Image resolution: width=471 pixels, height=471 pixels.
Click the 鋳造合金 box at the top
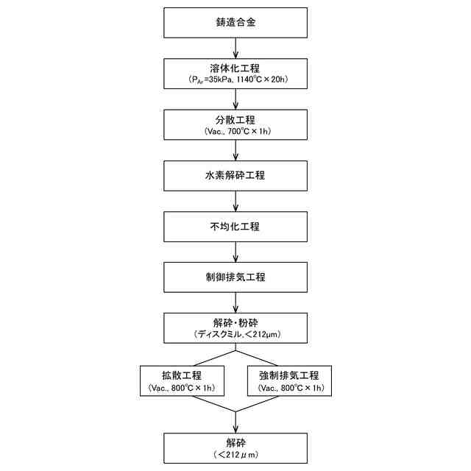(235, 23)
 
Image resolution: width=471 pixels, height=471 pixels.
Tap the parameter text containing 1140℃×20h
(235, 79)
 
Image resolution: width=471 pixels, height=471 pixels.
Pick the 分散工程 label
(235, 119)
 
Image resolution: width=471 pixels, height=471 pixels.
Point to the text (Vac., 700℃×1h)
(235, 131)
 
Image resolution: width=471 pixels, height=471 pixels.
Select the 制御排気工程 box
(235, 277)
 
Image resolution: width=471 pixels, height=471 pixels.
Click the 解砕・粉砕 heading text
(235, 322)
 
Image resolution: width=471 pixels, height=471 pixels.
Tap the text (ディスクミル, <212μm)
(235, 334)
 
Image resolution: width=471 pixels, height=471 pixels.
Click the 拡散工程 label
(182, 375)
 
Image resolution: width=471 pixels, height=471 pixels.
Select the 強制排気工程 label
(290, 375)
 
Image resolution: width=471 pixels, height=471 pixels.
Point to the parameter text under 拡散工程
(182, 387)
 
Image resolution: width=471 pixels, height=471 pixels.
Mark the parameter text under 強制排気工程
(290, 387)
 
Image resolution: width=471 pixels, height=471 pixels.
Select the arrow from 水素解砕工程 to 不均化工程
(235, 201)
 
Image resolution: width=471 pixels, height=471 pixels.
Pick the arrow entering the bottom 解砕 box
(235, 422)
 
